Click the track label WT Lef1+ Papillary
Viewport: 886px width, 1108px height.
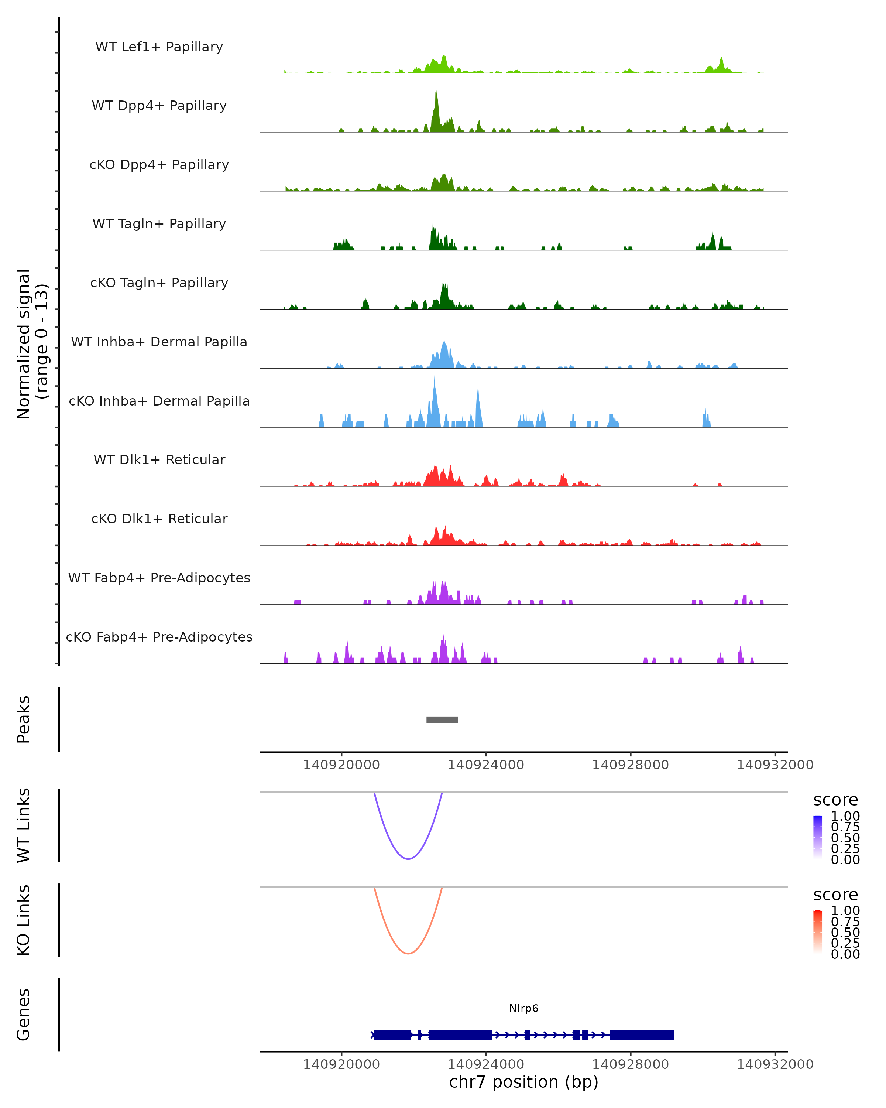pos(159,47)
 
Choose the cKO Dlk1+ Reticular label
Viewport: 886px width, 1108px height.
pos(159,519)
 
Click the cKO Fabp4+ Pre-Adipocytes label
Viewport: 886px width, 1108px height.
pos(159,637)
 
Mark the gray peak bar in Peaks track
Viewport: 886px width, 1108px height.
pos(442,719)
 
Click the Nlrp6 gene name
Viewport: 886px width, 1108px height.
pos(523,1008)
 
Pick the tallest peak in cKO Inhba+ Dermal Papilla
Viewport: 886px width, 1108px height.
pos(434,378)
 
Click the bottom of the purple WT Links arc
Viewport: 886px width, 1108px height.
pos(408,859)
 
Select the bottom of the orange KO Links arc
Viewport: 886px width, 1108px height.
pos(408,953)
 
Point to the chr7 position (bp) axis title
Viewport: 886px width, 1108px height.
pos(523,1082)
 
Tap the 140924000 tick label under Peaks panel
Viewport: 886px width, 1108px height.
pos(485,765)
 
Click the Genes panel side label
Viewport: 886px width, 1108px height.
pos(23,1015)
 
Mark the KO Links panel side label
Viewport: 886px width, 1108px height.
pos(23,920)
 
